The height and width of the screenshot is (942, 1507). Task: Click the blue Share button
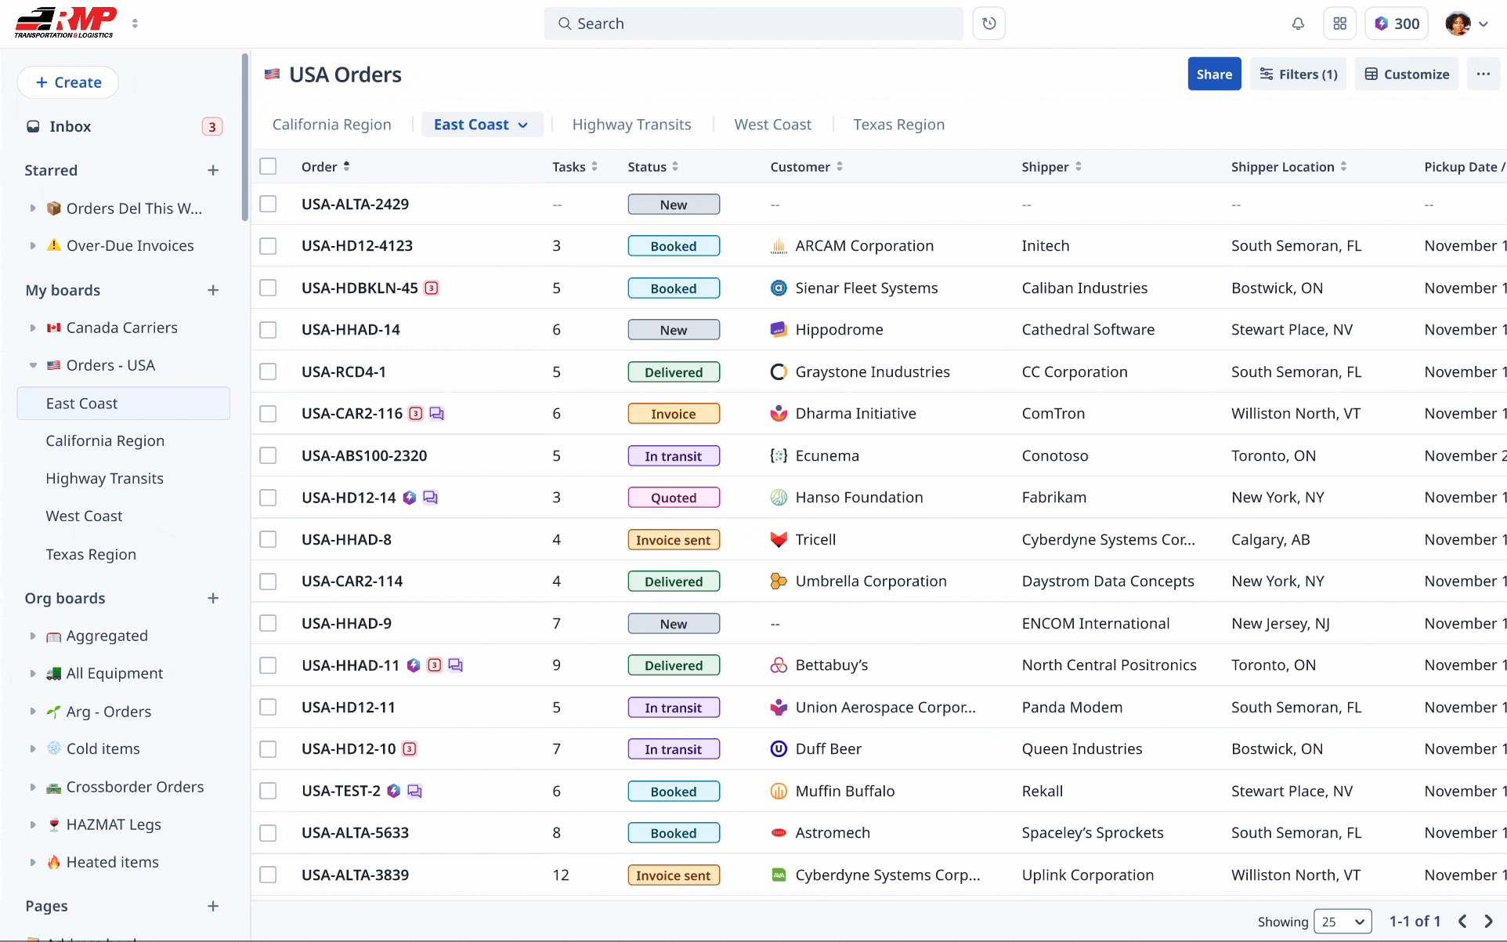pyautogui.click(x=1213, y=74)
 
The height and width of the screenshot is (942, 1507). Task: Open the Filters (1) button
pyautogui.click(x=1298, y=74)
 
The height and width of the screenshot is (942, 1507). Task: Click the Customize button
pyautogui.click(x=1407, y=74)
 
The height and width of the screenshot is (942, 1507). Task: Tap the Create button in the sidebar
pyautogui.click(x=68, y=82)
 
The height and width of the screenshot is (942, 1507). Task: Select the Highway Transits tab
pyautogui.click(x=631, y=125)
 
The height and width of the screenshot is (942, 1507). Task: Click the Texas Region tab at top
pyautogui.click(x=898, y=125)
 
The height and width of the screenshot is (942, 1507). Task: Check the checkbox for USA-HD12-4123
pyautogui.click(x=268, y=246)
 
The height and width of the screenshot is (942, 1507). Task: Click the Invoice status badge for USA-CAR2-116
pyautogui.click(x=673, y=414)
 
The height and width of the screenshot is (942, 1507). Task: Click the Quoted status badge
pyautogui.click(x=673, y=498)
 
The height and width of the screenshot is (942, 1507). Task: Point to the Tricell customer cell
pyautogui.click(x=815, y=540)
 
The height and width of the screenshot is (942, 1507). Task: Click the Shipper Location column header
pyautogui.click(x=1282, y=167)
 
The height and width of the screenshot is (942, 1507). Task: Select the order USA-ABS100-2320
pyautogui.click(x=364, y=456)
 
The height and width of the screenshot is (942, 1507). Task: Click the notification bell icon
pyautogui.click(x=1298, y=24)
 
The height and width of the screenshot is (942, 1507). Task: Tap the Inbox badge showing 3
pyautogui.click(x=211, y=127)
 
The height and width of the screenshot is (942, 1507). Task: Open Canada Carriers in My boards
pyautogui.click(x=121, y=328)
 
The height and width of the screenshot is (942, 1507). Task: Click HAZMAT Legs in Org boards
pyautogui.click(x=114, y=824)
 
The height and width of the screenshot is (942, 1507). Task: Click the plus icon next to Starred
pyautogui.click(x=213, y=171)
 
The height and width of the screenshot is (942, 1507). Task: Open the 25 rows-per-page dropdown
pyautogui.click(x=1343, y=922)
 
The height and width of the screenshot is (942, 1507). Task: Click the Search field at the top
pyautogui.click(x=752, y=24)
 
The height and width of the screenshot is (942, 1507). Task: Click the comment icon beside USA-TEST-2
pyautogui.click(x=415, y=792)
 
